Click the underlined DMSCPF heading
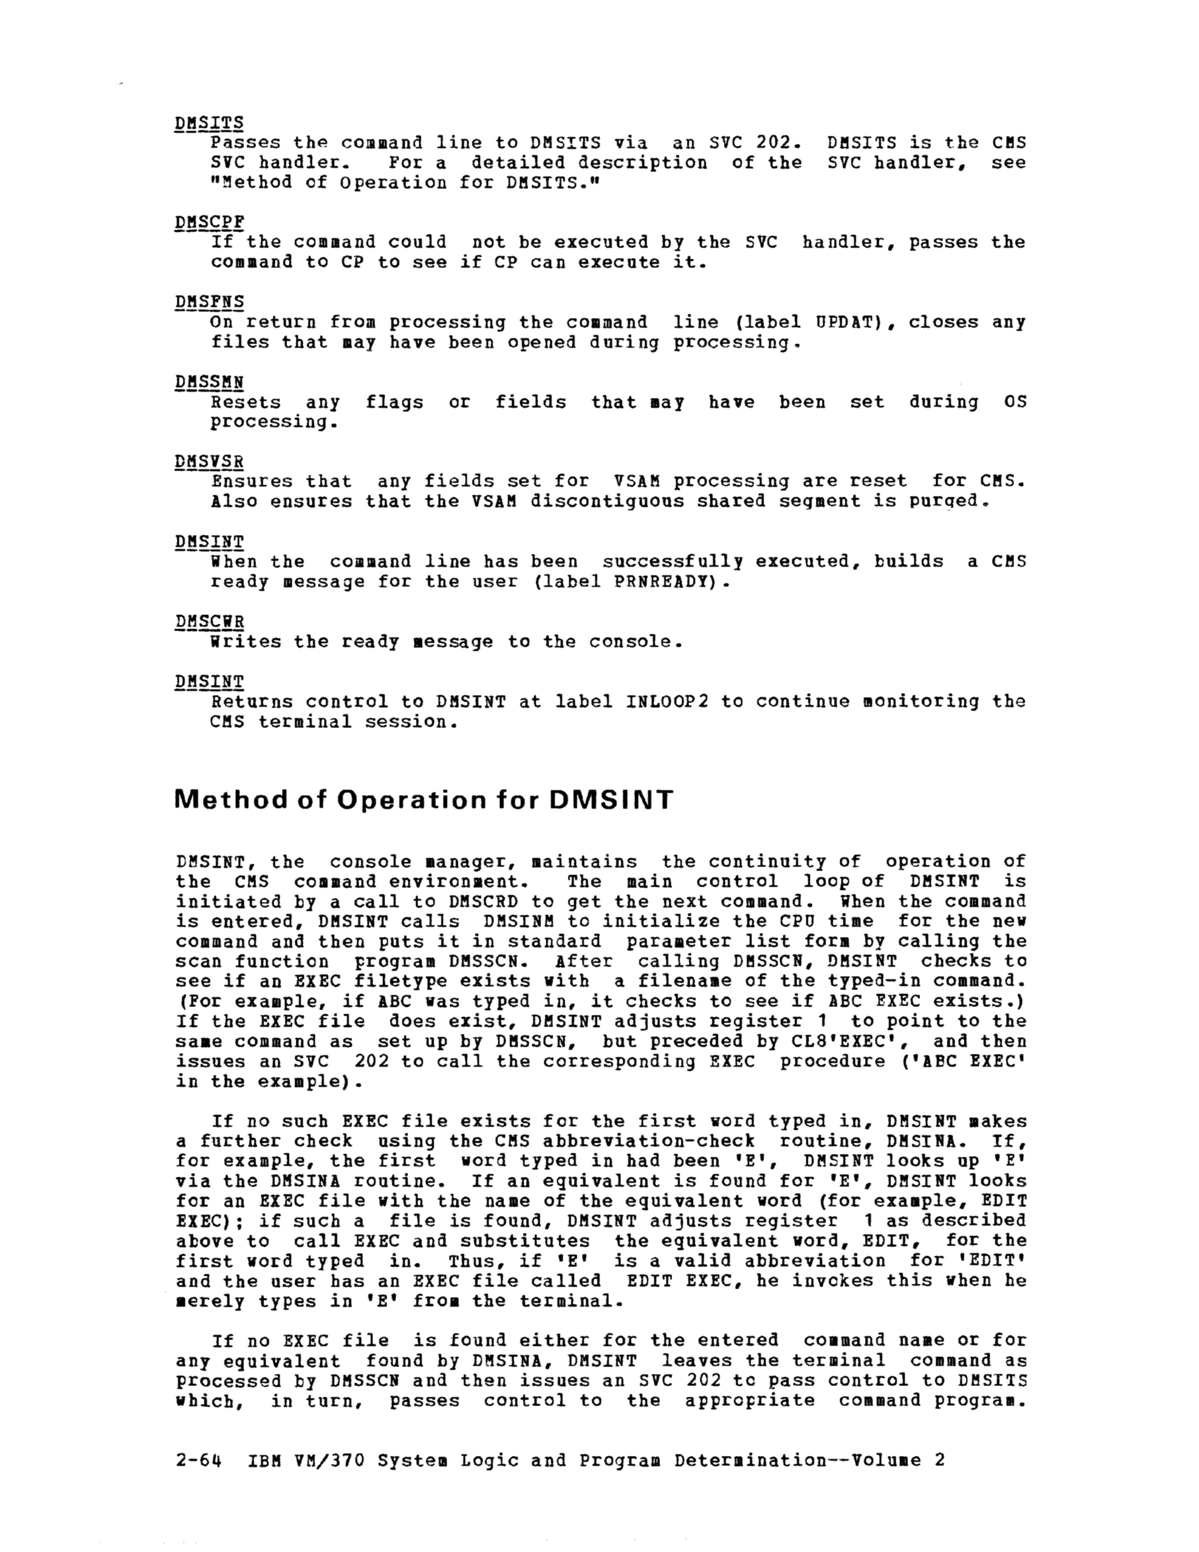click(x=209, y=222)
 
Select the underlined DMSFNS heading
click(x=209, y=302)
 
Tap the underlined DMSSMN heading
click(x=209, y=383)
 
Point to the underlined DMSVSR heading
click(x=209, y=462)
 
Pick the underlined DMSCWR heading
click(x=209, y=622)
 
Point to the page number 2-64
click(x=198, y=1461)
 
